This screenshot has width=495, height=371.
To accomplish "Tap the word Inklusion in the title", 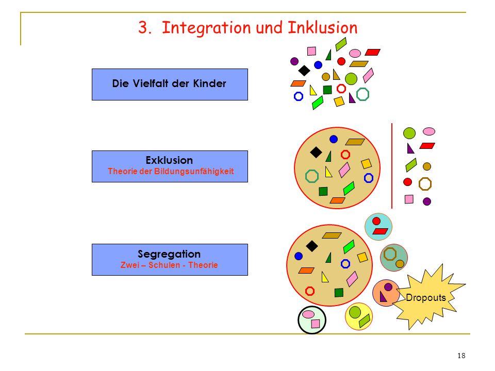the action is (323, 27).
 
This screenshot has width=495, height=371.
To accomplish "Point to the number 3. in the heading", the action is (145, 27).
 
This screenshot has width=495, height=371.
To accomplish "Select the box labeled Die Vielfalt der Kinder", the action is (170, 85).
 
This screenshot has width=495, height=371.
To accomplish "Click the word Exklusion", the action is (169, 160).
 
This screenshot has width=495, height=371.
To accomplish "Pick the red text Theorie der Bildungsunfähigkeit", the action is (171, 171).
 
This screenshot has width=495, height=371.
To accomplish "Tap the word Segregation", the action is (169, 254).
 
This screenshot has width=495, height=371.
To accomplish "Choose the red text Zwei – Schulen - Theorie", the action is (169, 265).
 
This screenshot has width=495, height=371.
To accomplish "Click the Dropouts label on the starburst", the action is (425, 297).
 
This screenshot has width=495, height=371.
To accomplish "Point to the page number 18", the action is (461, 356).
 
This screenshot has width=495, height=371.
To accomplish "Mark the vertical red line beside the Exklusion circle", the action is (392, 166).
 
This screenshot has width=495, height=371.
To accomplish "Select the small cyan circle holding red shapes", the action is (378, 227).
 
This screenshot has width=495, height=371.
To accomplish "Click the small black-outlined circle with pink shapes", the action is (312, 319).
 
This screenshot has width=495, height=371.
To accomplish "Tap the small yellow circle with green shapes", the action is (359, 316).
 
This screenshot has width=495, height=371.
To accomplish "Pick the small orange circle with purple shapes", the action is (386, 293).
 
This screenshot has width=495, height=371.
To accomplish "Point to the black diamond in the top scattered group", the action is (304, 71).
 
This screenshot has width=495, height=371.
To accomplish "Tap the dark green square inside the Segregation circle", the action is (339, 293).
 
